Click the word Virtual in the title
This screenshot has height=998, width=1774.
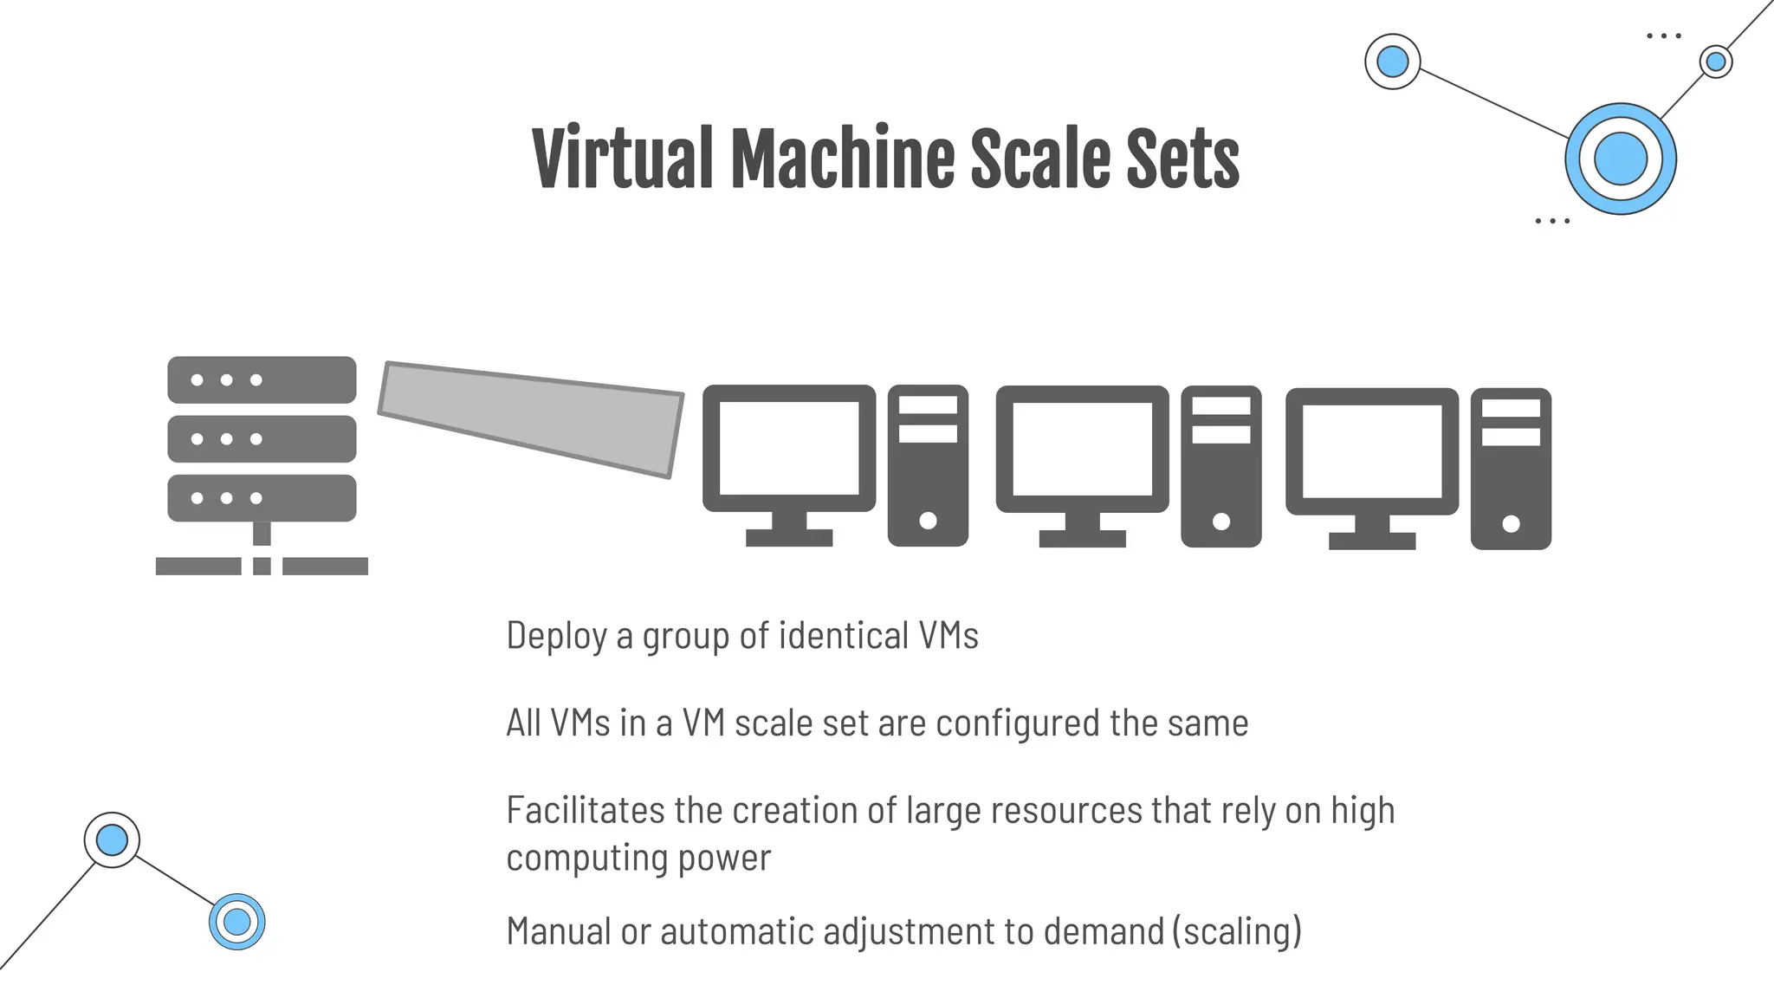click(x=621, y=159)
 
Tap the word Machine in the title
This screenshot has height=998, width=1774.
click(x=841, y=159)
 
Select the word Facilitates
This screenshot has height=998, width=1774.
click(x=586, y=811)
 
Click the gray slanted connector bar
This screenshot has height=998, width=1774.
click(x=530, y=418)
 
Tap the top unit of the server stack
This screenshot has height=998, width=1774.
click(x=262, y=379)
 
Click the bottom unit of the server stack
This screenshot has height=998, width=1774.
click(x=262, y=498)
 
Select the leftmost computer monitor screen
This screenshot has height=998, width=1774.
click(x=789, y=448)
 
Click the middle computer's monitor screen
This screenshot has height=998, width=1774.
click(x=1082, y=449)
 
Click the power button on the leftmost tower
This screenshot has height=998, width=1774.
click(x=928, y=521)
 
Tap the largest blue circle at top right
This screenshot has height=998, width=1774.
click(x=1620, y=159)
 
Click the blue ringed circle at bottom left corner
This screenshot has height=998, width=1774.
click(x=236, y=922)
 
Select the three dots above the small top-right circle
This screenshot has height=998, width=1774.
click(x=1663, y=36)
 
